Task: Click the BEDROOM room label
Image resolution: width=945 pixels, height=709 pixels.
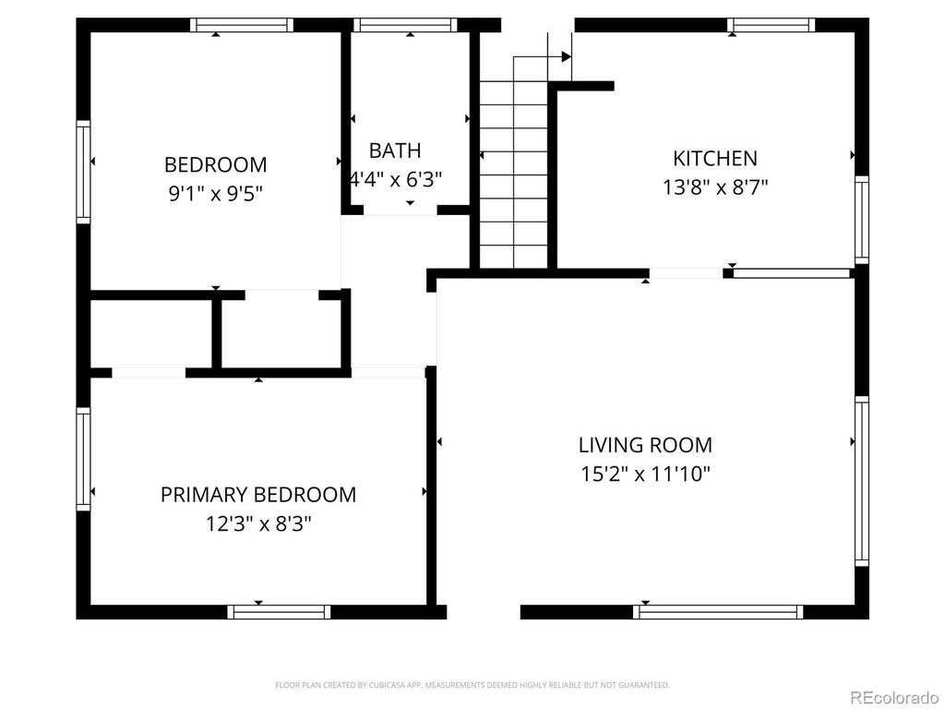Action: coord(215,165)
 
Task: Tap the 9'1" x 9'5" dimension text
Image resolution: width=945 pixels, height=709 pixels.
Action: coord(215,194)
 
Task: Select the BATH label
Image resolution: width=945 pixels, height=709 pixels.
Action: coord(395,150)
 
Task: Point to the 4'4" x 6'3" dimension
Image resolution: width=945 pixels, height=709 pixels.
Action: coord(395,179)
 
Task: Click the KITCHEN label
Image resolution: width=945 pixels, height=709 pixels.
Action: coord(715,158)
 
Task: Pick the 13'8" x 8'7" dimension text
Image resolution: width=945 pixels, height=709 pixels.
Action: coord(715,186)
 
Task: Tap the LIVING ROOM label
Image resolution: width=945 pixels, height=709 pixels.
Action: coord(645,445)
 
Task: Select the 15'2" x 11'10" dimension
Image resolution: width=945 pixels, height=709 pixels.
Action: coord(645,475)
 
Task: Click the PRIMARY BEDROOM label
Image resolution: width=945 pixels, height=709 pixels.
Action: coord(258,495)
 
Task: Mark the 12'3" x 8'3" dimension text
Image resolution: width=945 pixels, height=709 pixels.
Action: coord(258,524)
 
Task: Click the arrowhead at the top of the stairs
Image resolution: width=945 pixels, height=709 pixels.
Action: coord(566,57)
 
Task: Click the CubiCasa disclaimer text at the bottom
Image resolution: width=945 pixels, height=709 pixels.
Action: coord(472,685)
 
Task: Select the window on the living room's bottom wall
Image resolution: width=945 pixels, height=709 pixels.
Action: coord(718,611)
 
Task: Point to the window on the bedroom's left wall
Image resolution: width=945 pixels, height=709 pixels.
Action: coord(84,173)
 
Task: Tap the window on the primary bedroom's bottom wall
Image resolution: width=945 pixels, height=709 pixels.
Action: coord(279,611)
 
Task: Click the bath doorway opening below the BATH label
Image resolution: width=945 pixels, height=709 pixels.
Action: coord(400,210)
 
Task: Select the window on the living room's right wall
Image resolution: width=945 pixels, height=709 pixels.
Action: coord(861,480)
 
